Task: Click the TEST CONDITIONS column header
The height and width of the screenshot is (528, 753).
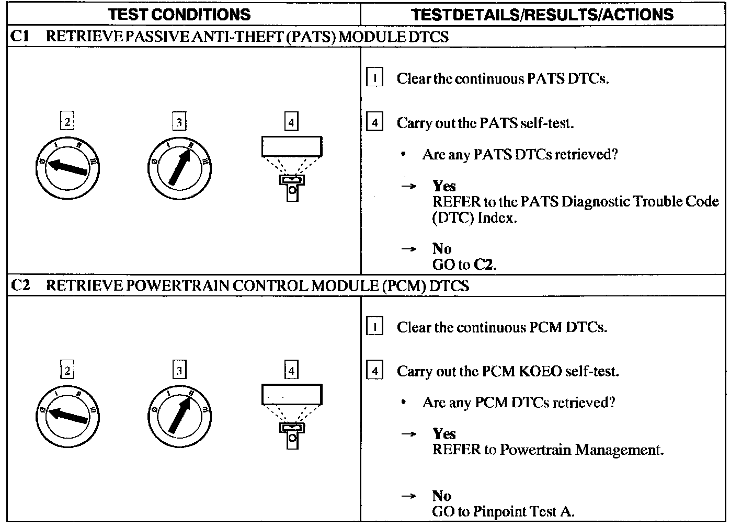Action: [x=179, y=14]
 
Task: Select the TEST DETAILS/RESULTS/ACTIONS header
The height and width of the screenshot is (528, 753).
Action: [x=542, y=14]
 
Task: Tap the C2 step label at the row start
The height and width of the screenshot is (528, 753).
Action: [x=21, y=285]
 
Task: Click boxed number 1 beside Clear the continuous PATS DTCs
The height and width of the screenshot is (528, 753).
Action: [x=374, y=78]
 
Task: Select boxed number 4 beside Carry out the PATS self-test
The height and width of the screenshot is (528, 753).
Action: [x=374, y=123]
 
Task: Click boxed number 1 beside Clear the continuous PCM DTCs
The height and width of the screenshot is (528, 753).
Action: [x=374, y=327]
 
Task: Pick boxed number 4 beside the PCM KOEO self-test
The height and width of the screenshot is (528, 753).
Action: [x=374, y=371]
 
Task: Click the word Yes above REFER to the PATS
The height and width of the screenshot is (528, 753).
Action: [x=444, y=186]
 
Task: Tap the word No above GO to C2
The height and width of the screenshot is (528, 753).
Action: [x=441, y=248]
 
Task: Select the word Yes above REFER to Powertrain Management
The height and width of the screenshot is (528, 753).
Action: [x=444, y=434]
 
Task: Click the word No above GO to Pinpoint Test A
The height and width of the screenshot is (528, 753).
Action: [x=441, y=496]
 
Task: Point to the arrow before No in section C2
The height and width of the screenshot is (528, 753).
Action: [x=408, y=496]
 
